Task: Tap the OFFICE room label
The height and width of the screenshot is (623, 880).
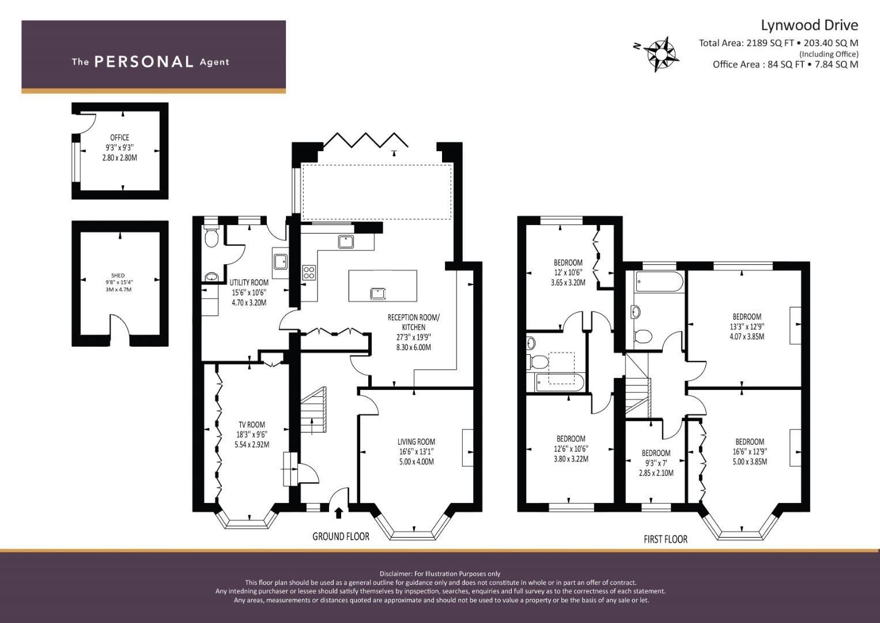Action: point(119,138)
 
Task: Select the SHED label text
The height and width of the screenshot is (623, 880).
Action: point(118,276)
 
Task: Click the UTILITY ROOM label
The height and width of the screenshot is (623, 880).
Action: point(249,283)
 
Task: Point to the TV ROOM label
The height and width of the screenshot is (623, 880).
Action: point(252,425)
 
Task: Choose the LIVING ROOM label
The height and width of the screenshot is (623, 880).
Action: point(417,442)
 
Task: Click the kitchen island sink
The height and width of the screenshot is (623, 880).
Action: point(377,294)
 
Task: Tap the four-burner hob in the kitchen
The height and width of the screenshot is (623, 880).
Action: point(309,272)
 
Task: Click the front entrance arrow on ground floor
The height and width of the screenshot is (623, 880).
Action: point(339,513)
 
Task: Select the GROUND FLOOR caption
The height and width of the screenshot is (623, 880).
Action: point(341,536)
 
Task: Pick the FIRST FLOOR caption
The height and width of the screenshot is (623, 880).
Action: point(666,539)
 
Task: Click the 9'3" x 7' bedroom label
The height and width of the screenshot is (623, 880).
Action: point(656,463)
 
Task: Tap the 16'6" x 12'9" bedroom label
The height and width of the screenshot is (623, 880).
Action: point(750,452)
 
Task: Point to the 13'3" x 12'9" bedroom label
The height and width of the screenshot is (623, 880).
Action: point(747,326)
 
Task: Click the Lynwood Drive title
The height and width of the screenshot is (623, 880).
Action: point(810,25)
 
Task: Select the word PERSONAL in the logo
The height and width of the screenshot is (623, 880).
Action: point(144,62)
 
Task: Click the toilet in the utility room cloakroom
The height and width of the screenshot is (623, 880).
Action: point(211,235)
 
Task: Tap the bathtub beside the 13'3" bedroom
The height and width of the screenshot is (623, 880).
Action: point(659,282)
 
